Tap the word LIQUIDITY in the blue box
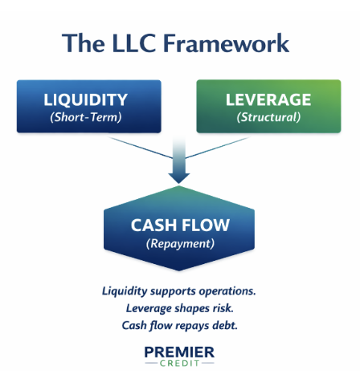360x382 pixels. [x=86, y=101]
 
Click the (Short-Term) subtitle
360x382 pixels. [x=86, y=117]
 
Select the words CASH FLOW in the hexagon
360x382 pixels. [x=179, y=226]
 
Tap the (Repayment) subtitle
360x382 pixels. [x=179, y=243]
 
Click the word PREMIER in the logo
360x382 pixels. [x=179, y=352]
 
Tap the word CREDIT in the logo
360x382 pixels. [x=180, y=365]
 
